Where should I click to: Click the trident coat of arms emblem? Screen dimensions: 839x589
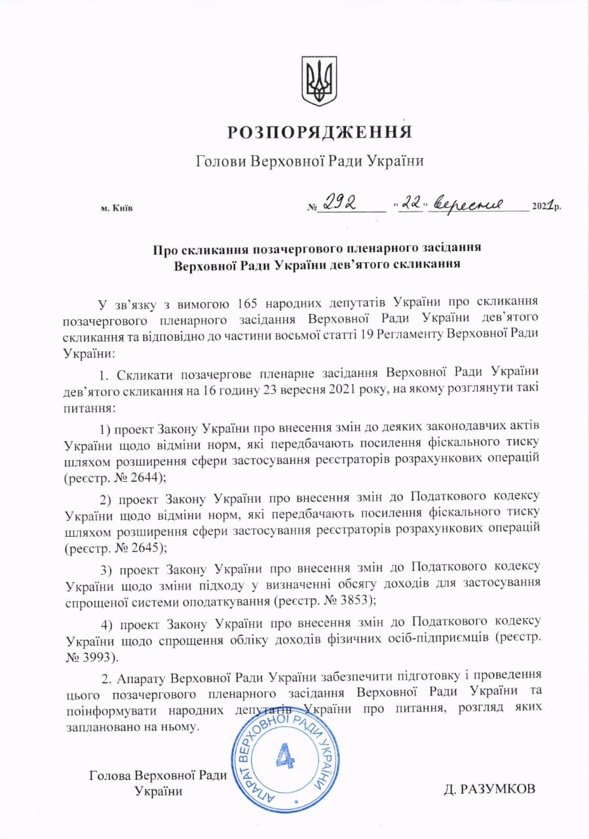(319, 81)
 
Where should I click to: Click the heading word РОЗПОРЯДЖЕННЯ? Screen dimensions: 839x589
(320, 132)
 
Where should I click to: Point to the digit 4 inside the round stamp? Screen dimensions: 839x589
(286, 756)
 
